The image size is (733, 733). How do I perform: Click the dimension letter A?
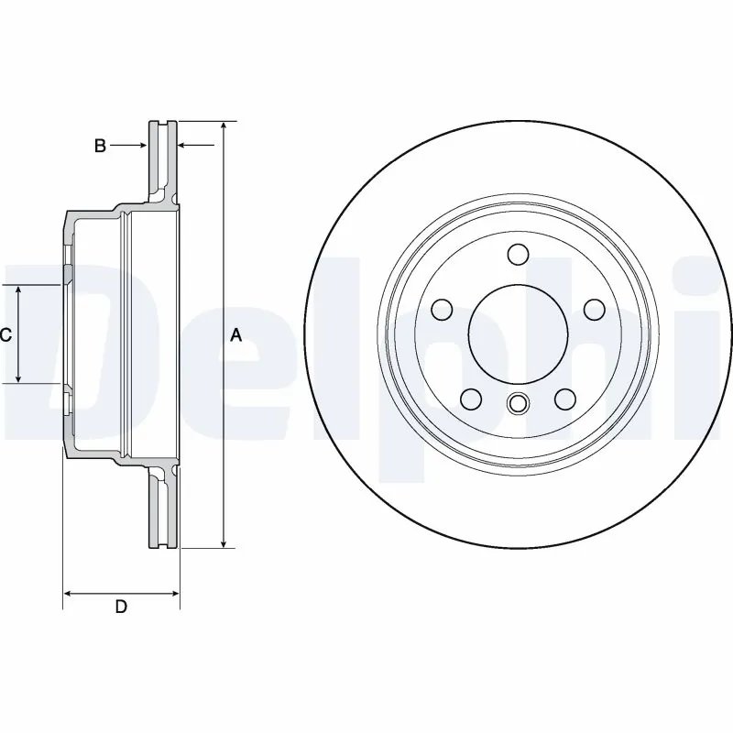click(x=235, y=335)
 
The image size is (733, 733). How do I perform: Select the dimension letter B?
click(x=101, y=145)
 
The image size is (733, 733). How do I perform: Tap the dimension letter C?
click(x=5, y=335)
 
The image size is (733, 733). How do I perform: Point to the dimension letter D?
click(x=120, y=607)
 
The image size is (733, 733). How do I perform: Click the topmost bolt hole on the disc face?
click(x=518, y=255)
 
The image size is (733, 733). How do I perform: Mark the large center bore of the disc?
click(x=518, y=334)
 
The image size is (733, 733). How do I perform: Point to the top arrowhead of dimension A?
click(x=223, y=126)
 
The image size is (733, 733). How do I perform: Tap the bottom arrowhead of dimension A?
click(x=223, y=542)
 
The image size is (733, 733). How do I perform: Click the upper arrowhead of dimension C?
click(x=19, y=290)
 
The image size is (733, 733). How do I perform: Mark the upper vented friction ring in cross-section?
click(x=163, y=156)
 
